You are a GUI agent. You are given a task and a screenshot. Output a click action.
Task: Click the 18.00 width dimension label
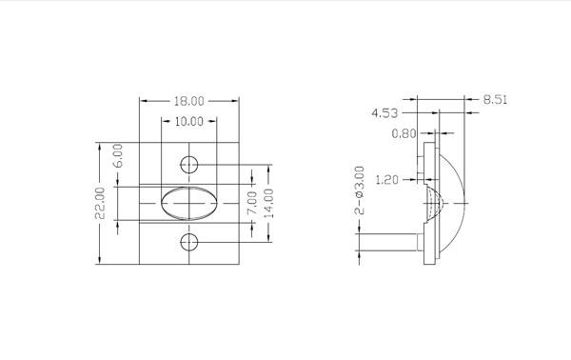tap(189, 101)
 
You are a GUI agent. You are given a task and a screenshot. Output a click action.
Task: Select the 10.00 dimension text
tap(189, 121)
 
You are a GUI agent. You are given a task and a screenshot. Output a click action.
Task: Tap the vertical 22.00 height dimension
tap(100, 203)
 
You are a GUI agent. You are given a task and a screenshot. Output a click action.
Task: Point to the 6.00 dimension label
tap(118, 155)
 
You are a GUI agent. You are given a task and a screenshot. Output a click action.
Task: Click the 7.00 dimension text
tap(252, 203)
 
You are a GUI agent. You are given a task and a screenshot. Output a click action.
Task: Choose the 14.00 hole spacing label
tap(268, 203)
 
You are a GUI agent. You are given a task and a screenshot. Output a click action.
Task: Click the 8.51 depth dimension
tap(495, 99)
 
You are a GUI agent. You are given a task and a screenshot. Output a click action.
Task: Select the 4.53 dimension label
tap(384, 113)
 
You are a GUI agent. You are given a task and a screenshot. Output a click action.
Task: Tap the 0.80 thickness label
tap(404, 133)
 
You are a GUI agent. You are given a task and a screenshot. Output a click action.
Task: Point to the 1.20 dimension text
tap(386, 180)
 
